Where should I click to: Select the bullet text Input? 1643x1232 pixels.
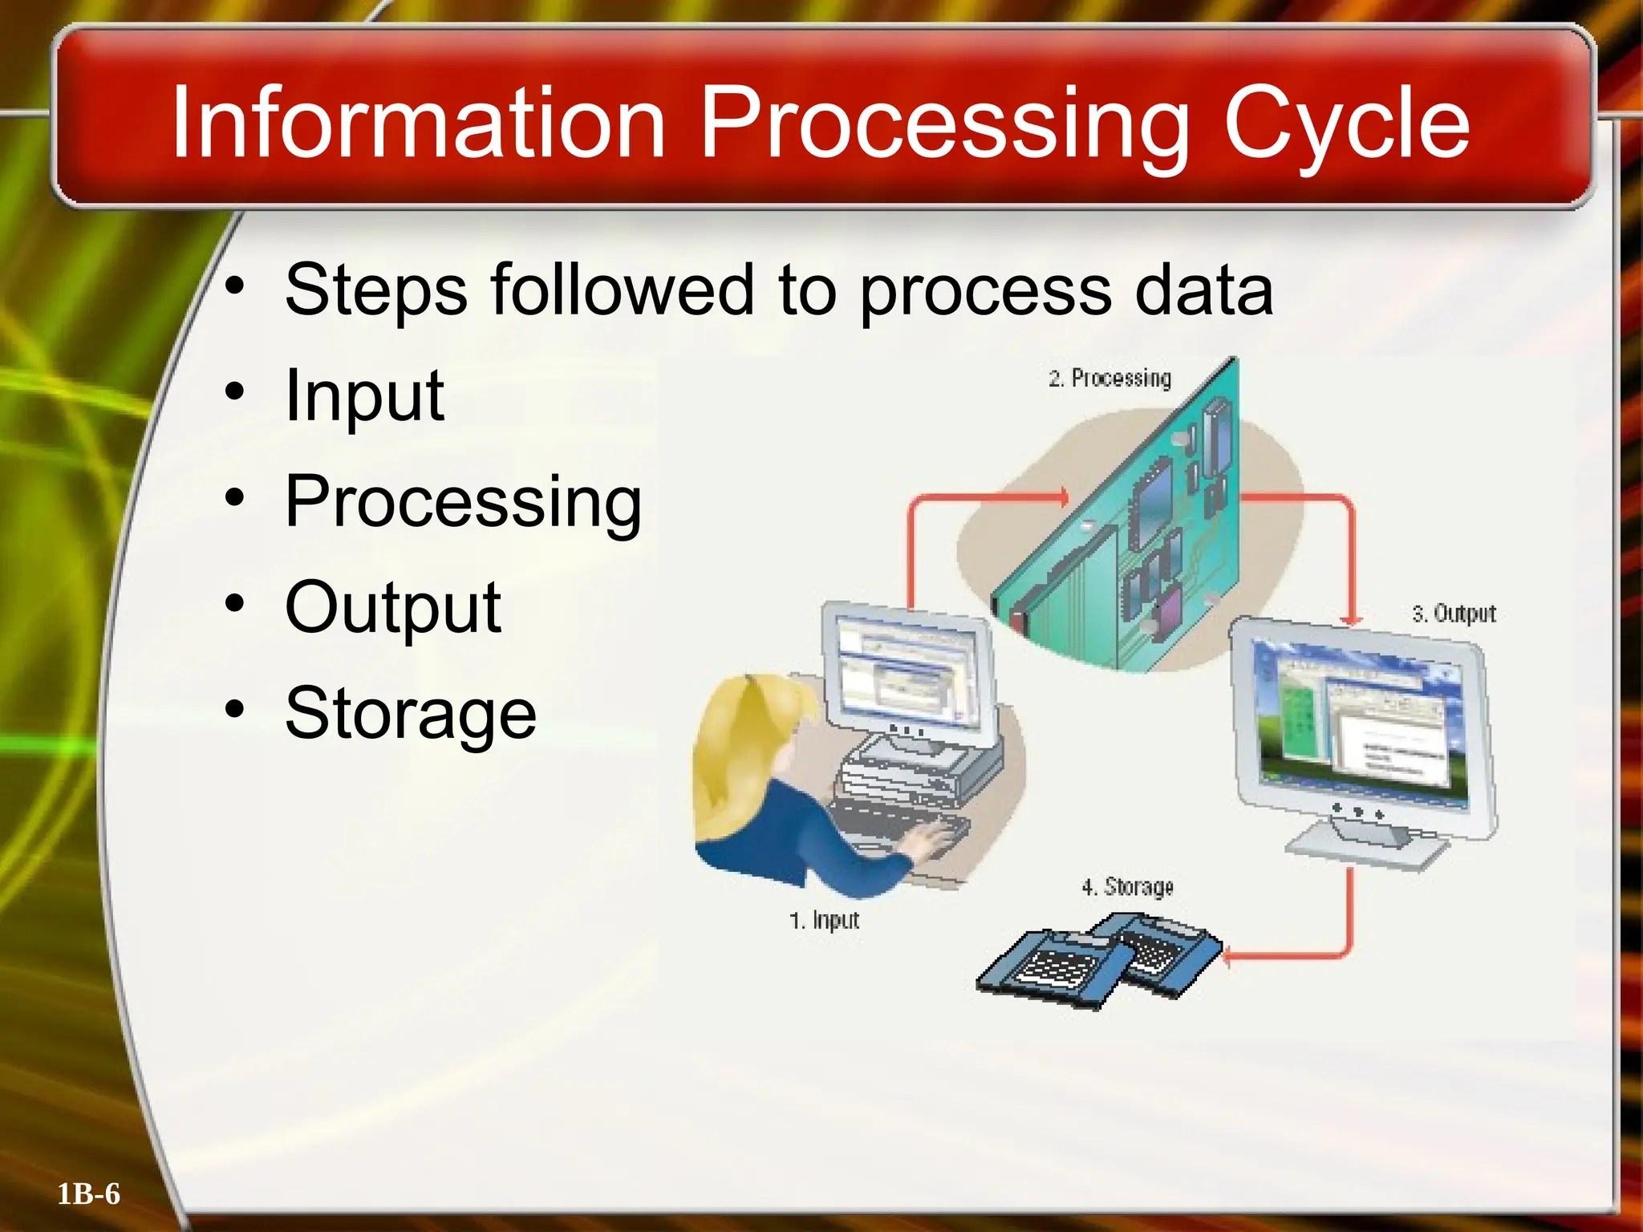click(364, 395)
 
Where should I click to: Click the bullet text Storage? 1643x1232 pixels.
click(410, 713)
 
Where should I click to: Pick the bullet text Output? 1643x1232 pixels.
click(393, 607)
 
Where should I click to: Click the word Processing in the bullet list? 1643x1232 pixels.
click(463, 502)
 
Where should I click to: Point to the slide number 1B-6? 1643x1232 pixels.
click(88, 1193)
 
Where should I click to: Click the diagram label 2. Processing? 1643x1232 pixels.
click(1110, 378)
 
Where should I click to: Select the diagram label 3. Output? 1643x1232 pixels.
click(1454, 614)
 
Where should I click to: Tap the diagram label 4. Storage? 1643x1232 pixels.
click(1127, 887)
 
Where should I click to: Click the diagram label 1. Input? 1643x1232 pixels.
click(824, 920)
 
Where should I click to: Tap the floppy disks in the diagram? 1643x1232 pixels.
click(1099, 962)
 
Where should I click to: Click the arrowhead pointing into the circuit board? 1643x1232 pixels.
click(1062, 497)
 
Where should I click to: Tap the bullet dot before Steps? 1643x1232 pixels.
click(234, 286)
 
